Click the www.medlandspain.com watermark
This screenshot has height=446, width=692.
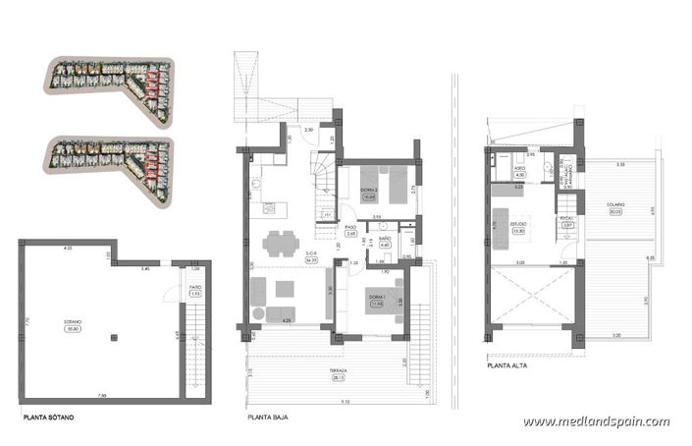[596, 421]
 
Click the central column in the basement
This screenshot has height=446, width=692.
[114, 339]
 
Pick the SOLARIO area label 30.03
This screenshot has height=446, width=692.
[614, 209]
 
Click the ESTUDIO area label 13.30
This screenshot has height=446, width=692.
[516, 230]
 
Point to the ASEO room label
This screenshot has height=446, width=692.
[521, 169]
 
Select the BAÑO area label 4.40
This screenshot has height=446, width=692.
[385, 246]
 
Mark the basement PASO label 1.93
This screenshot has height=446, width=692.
[195, 293]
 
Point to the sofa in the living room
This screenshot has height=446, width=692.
[261, 295]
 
